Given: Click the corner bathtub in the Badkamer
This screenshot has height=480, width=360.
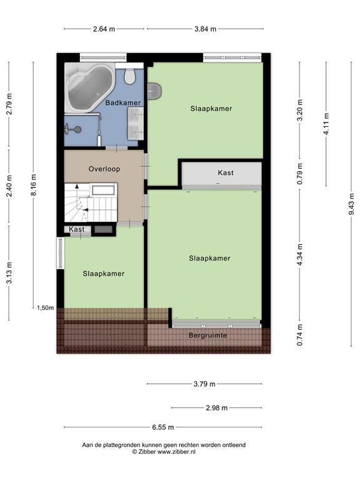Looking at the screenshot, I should pyautogui.click(x=88, y=89).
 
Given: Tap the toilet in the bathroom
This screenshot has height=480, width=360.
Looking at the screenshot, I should pyautogui.click(x=130, y=76).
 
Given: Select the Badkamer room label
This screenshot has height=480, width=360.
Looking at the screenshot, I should pyautogui.click(x=122, y=102).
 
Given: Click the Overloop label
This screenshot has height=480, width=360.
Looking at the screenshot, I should pyautogui.click(x=104, y=169).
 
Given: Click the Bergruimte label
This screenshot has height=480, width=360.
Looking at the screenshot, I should pyautogui.click(x=209, y=336).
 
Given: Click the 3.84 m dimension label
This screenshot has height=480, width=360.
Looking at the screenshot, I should pyautogui.click(x=205, y=29).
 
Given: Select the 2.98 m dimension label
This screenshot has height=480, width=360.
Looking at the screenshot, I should pyautogui.click(x=216, y=407).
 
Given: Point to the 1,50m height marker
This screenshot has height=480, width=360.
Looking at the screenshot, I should pyautogui.click(x=46, y=307).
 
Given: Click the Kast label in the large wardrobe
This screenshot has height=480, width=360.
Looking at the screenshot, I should pyautogui.click(x=226, y=172).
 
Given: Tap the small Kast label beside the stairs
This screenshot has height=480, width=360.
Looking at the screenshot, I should pyautogui.click(x=77, y=230).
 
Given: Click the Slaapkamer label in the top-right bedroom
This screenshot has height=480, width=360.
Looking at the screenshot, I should pyautogui.click(x=211, y=108).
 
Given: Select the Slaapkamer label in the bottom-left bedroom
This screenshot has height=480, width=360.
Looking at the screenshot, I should pyautogui.click(x=104, y=273).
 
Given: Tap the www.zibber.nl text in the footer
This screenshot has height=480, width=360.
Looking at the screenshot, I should pyautogui.click(x=176, y=451).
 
